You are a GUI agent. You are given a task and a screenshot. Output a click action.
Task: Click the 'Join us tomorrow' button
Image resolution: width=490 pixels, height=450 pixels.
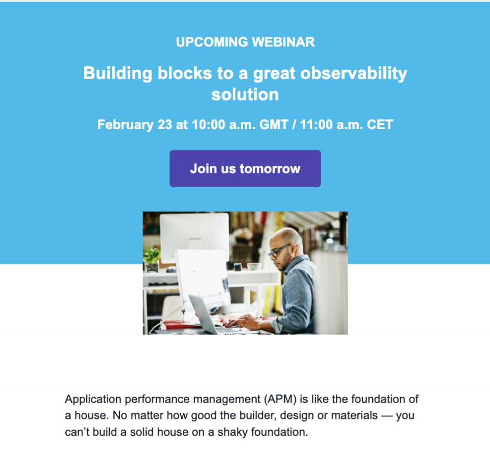pos(245,168)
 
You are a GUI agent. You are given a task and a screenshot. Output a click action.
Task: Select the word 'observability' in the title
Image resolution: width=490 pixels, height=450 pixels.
pos(353,73)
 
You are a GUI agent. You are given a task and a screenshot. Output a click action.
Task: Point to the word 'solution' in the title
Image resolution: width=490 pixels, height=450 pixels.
pos(245,94)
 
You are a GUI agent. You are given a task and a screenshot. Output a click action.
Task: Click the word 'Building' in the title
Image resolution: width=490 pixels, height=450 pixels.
pos(117,73)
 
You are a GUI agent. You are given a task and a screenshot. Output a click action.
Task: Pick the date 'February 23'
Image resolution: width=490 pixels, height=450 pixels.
pos(135,124)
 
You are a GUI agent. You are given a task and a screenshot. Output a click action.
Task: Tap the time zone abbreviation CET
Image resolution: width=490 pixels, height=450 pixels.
pos(380,124)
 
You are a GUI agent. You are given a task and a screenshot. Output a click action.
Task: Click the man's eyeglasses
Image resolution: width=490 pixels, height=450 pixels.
pos(280,250)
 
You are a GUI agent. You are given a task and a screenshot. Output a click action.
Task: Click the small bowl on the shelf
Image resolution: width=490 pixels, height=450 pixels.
pos(254,266)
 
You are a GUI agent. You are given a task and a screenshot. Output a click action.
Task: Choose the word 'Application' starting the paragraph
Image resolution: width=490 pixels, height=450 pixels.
pos(91,399)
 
